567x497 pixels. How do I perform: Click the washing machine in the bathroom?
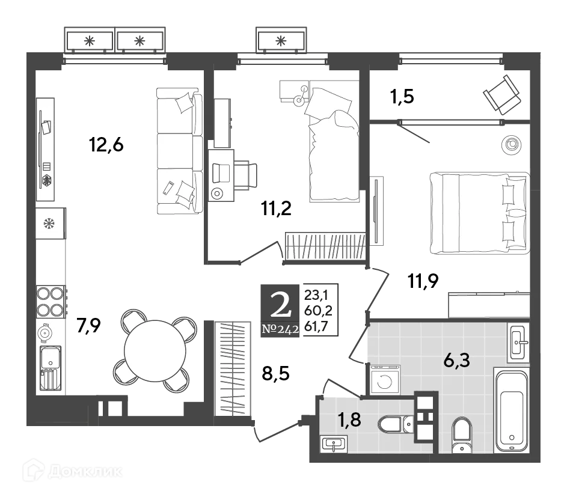coord(384,381)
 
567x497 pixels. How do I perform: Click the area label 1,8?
coord(349,419)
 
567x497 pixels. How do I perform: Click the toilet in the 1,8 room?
coord(393,425)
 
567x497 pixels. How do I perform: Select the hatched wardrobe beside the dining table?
coord(233,368)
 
